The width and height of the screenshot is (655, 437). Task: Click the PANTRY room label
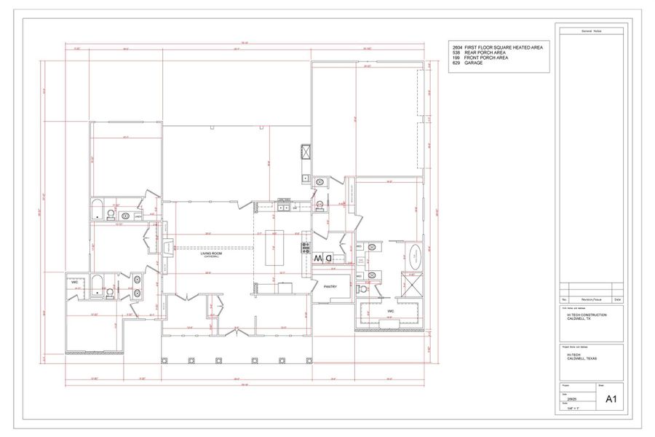pyautogui.click(x=330, y=287)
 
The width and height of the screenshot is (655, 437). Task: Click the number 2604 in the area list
pyautogui.click(x=457, y=47)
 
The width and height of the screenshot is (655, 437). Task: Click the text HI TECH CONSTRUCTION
pyautogui.click(x=586, y=315)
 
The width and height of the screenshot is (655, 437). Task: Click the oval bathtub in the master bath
pyautogui.click(x=414, y=256)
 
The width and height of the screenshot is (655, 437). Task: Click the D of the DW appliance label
pyautogui.click(x=328, y=258)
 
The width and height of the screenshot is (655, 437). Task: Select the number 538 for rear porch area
pyautogui.click(x=456, y=52)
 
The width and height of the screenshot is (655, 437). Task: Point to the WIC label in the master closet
pyautogui.click(x=391, y=311)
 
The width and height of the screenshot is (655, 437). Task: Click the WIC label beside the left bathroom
pyautogui.click(x=75, y=282)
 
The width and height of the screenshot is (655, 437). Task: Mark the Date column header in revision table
pyautogui.click(x=617, y=299)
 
